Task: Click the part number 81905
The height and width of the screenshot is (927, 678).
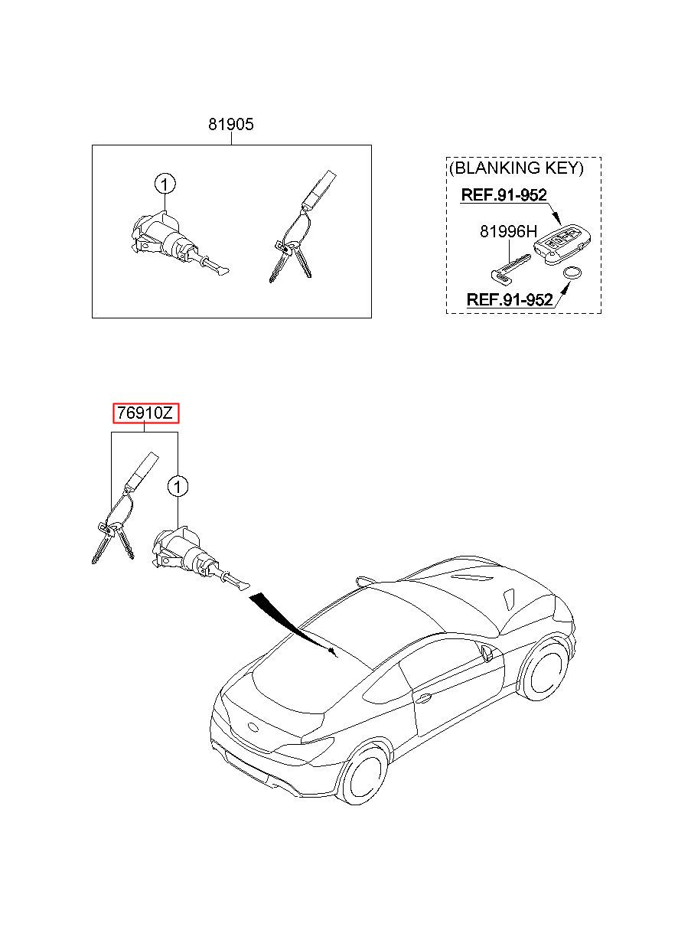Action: coord(230,124)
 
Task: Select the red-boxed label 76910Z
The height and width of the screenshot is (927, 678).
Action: coord(145,413)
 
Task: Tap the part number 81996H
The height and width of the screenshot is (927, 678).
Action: coord(508,231)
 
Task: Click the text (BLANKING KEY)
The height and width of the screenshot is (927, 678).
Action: coord(517,168)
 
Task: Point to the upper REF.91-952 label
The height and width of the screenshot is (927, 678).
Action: coord(504,194)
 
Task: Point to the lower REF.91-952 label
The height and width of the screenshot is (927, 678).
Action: coord(510,299)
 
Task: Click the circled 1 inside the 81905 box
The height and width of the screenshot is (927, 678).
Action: coord(165,184)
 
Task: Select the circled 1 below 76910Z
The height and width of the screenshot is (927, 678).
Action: coord(178,486)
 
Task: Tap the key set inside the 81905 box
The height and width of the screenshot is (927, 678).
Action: coord(302,227)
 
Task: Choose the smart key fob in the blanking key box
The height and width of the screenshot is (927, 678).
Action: coord(562,245)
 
